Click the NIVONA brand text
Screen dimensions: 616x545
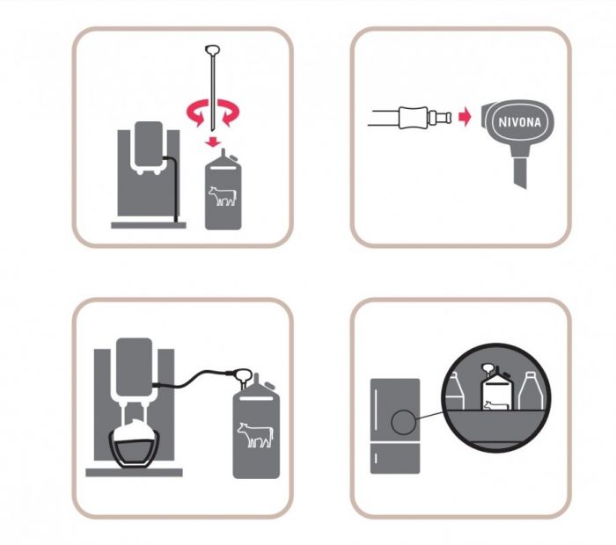pos(519,121)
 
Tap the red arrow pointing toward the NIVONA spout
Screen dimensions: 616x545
pos(465,117)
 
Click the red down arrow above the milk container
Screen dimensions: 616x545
pos(213,142)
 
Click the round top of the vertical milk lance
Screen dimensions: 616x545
pos(213,50)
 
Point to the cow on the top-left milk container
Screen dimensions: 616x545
pos(223,195)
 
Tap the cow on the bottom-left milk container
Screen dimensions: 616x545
pos(255,435)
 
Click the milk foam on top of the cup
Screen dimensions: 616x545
pos(134,431)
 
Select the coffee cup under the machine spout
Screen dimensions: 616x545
pos(135,447)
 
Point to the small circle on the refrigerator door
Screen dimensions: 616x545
pos(403,422)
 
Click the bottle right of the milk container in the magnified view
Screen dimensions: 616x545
pos(532,391)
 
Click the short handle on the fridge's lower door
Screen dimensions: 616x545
pos(377,458)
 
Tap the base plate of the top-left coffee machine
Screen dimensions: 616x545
pos(149,225)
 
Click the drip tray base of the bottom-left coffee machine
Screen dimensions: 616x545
pos(134,472)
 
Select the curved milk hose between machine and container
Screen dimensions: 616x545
pos(193,377)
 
